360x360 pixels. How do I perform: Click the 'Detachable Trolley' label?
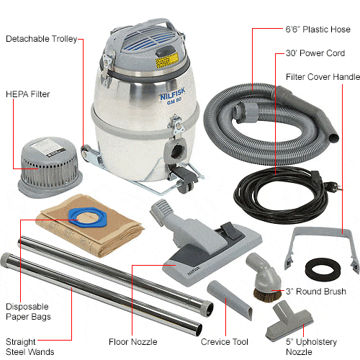[x=41, y=39]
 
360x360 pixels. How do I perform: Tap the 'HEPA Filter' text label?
[x=28, y=94]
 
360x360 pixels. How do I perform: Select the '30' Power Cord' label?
[x=315, y=53]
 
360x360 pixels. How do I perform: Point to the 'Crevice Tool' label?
[x=225, y=342]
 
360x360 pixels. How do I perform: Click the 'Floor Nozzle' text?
[x=133, y=342]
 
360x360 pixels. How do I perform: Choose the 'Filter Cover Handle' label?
[x=323, y=77]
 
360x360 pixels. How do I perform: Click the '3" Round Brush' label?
[x=316, y=292]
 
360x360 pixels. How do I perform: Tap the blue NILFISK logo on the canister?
[x=173, y=96]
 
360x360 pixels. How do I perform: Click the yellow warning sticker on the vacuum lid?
[x=167, y=60]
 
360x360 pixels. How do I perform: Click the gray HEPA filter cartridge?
[x=50, y=166]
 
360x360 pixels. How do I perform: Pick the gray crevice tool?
[x=230, y=300]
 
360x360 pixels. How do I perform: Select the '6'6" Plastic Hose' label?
[x=318, y=30]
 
